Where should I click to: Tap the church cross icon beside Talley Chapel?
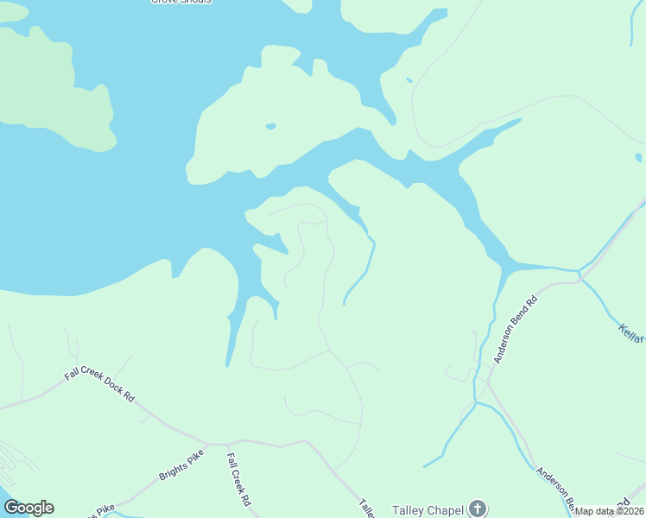pyautogui.click(x=478, y=509)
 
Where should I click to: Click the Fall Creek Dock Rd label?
pyautogui.click(x=99, y=387)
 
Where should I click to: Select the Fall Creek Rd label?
pyautogui.click(x=238, y=480)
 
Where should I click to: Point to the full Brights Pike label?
pyautogui.click(x=181, y=465)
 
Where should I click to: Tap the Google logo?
pyautogui.click(x=28, y=508)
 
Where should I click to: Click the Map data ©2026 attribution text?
pyautogui.click(x=610, y=511)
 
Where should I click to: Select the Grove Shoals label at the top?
pyautogui.click(x=181, y=2)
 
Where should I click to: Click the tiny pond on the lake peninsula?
pyautogui.click(x=270, y=126)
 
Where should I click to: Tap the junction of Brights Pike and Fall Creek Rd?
pyautogui.click(x=226, y=441)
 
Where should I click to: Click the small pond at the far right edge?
pyautogui.click(x=638, y=157)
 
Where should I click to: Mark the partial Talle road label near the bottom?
pyautogui.click(x=366, y=509)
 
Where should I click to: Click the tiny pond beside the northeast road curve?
pyautogui.click(x=408, y=80)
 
